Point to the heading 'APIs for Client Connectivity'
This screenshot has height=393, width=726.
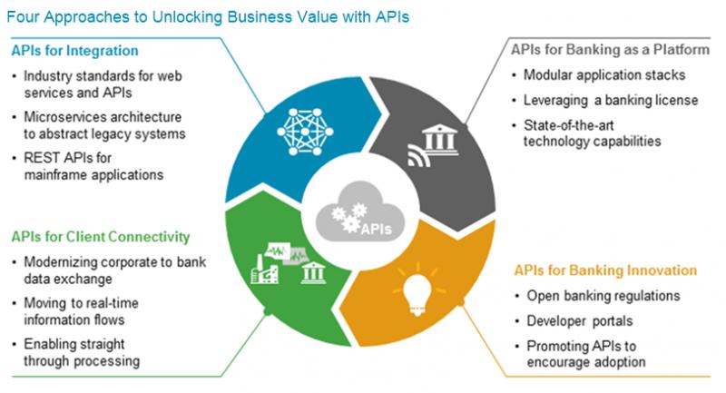(x=101, y=237)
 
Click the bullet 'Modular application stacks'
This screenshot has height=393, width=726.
(x=599, y=74)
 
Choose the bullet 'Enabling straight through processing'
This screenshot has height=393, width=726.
(x=83, y=353)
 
